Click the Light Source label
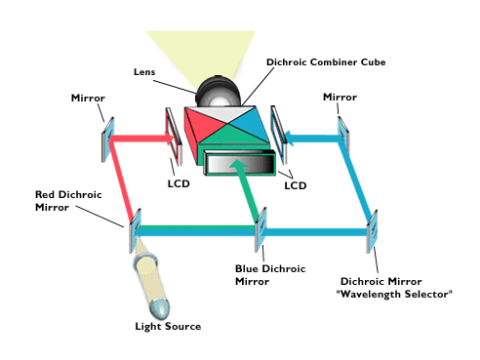(168, 326)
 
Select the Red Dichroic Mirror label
(64, 201)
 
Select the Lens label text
(144, 71)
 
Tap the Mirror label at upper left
(88, 99)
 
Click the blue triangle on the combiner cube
(250, 127)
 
